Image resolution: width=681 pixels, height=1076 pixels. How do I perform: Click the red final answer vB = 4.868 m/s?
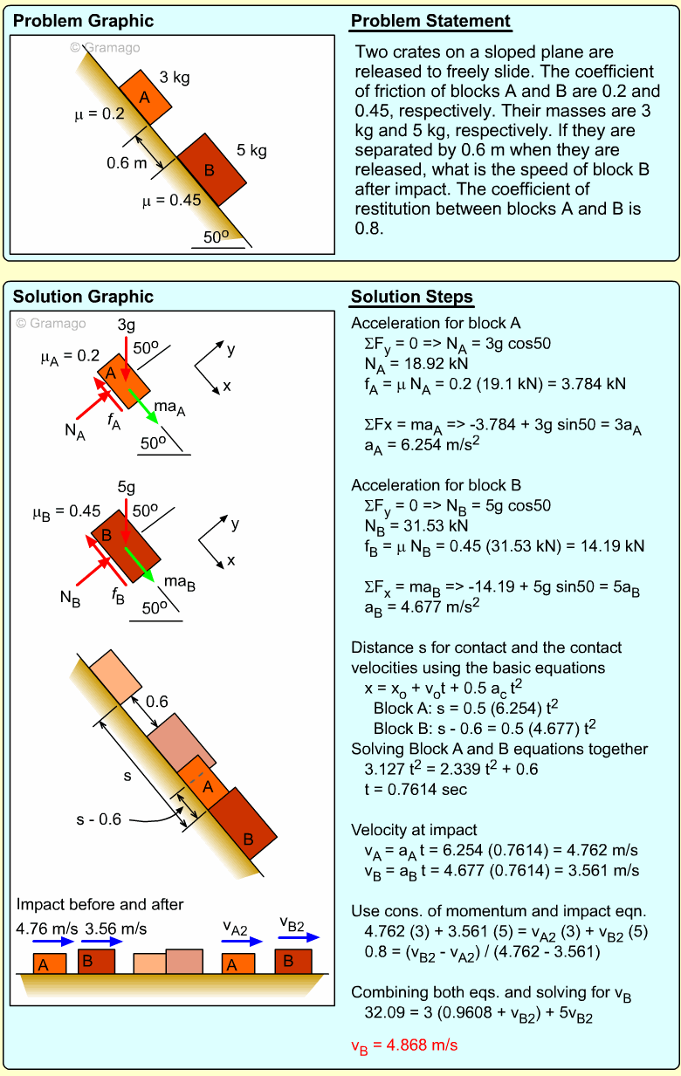[x=404, y=1045]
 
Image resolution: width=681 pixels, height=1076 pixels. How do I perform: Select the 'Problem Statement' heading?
[x=430, y=22]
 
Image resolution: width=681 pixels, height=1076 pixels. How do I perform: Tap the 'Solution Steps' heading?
[x=412, y=298]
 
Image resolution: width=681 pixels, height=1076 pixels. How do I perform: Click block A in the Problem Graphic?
[x=146, y=96]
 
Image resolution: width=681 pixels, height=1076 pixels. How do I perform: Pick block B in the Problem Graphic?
[x=210, y=169]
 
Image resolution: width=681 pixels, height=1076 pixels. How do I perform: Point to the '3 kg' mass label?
[x=175, y=78]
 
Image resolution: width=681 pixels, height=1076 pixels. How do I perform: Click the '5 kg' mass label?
[x=251, y=150]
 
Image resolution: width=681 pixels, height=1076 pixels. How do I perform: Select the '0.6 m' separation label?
[x=127, y=162]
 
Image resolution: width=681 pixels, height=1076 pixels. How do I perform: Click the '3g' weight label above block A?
[x=126, y=326]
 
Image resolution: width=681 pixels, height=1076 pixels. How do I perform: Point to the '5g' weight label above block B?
[x=126, y=486]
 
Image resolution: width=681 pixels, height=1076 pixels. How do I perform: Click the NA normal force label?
[x=75, y=432]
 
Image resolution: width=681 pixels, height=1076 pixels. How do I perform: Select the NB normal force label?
[x=71, y=598]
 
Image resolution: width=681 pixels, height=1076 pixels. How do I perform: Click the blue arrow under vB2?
[x=299, y=938]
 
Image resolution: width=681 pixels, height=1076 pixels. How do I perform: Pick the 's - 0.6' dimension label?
[x=98, y=819]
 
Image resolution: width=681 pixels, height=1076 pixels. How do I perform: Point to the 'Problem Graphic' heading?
[x=83, y=22]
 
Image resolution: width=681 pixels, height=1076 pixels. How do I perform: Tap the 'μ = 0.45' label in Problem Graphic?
[x=172, y=201]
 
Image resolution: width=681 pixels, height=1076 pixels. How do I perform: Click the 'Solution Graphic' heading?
[x=83, y=298]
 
